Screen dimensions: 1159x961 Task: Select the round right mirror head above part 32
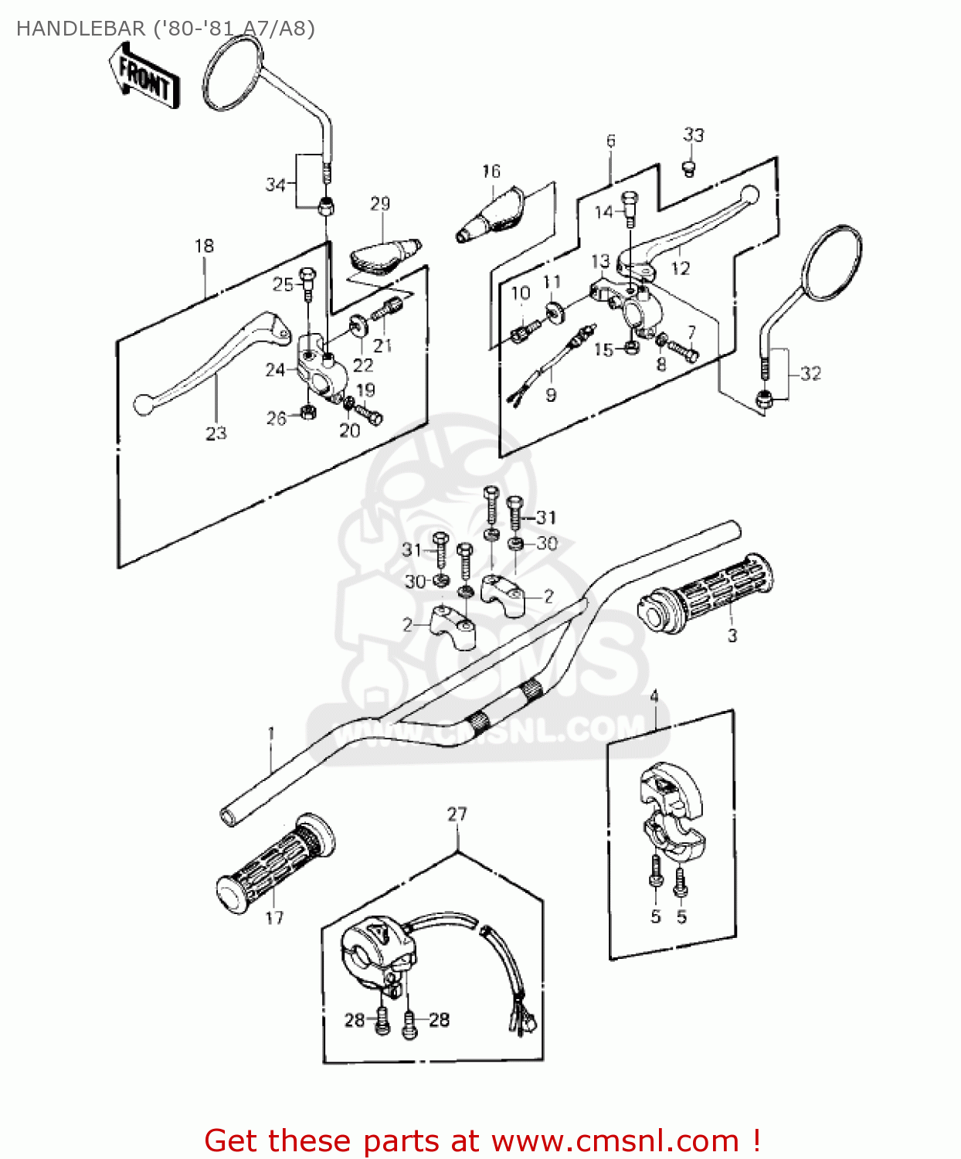[x=834, y=263]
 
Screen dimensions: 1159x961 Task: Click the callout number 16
[x=491, y=172]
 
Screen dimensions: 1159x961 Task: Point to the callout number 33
[x=693, y=135]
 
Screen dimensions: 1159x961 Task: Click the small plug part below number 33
[x=689, y=167]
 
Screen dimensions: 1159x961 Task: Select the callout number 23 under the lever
[x=216, y=433]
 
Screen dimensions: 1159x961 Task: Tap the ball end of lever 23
[x=143, y=404]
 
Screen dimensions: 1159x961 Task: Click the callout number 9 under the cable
[x=551, y=396]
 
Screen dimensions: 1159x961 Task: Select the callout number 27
[x=457, y=814]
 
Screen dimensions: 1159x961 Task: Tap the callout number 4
[x=654, y=697]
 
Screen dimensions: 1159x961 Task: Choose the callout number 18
[x=204, y=246]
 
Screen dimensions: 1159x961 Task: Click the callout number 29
[x=380, y=204]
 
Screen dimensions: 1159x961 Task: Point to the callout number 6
[x=610, y=141]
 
